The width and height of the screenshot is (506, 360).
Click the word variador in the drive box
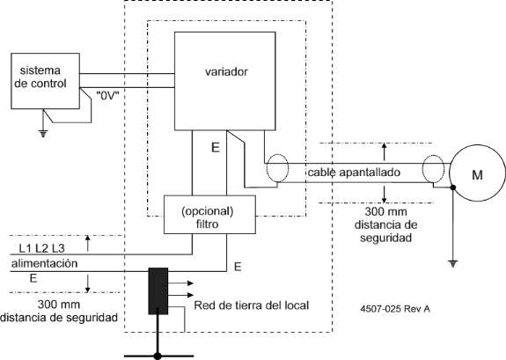(x=226, y=71)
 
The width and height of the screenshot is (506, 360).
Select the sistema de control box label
(x=40, y=77)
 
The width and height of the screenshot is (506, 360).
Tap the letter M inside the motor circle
(x=477, y=174)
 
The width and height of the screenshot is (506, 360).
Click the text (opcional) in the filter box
(x=208, y=211)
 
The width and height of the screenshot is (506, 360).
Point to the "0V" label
(x=107, y=96)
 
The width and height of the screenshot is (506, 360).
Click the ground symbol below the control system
(x=43, y=133)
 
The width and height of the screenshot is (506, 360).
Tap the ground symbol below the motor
(x=453, y=264)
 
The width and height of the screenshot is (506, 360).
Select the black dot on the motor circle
(x=453, y=187)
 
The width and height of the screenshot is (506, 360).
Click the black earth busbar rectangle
(x=158, y=291)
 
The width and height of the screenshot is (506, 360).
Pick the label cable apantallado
(x=354, y=173)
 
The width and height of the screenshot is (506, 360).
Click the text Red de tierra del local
(x=252, y=305)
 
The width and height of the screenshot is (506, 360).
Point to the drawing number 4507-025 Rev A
(x=395, y=309)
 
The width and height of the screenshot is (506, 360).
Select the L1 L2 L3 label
(x=41, y=248)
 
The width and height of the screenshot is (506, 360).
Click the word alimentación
(x=45, y=263)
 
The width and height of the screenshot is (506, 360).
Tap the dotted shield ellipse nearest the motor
(x=433, y=169)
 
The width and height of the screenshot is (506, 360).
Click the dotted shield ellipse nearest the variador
(x=277, y=168)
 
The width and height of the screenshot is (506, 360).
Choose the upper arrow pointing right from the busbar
(x=180, y=283)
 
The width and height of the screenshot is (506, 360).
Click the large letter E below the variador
(x=216, y=148)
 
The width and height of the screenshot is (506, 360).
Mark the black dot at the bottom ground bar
(x=158, y=356)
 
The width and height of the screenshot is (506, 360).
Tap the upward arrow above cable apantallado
(x=384, y=151)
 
